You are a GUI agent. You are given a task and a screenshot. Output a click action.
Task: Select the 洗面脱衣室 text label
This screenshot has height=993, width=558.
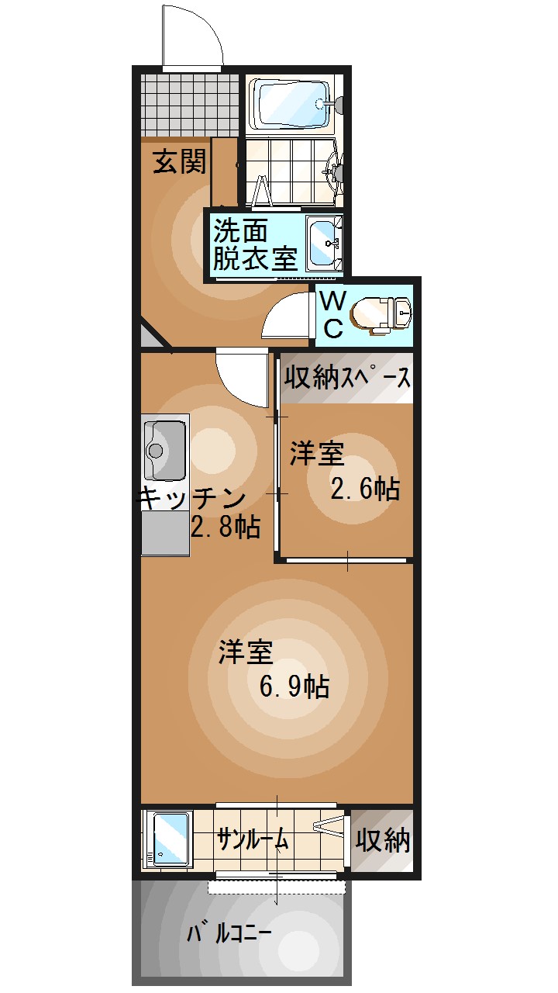coord(254,245)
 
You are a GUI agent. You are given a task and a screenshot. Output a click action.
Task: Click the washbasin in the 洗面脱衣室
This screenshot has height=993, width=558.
coord(323,243)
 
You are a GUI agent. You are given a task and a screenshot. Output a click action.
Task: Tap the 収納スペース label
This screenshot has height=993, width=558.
coord(346,378)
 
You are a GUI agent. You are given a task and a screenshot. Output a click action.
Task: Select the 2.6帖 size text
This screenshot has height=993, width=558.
coord(365,489)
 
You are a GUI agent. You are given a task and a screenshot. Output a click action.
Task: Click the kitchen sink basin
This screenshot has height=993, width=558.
coord(165,450)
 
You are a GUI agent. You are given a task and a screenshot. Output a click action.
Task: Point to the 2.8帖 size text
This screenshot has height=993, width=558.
coord(225,529)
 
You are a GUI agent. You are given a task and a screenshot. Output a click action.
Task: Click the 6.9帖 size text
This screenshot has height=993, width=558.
coord(294,687)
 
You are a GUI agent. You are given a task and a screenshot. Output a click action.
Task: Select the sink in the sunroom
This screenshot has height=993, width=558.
coord(170,839)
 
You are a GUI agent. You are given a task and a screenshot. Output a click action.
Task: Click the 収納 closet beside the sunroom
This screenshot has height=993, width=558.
coord(383,839)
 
